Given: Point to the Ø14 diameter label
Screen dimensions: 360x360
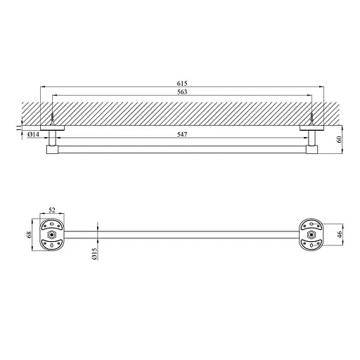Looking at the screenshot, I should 32,134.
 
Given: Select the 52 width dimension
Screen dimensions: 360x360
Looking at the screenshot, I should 53,210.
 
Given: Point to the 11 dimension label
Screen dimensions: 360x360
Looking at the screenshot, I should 21,127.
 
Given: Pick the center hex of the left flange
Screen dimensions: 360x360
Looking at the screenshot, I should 53,233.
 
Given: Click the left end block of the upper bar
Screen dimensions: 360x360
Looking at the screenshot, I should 53,149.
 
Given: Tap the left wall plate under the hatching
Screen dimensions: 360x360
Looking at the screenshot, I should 53,128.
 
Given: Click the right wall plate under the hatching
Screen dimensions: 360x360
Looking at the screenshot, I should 310,128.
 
